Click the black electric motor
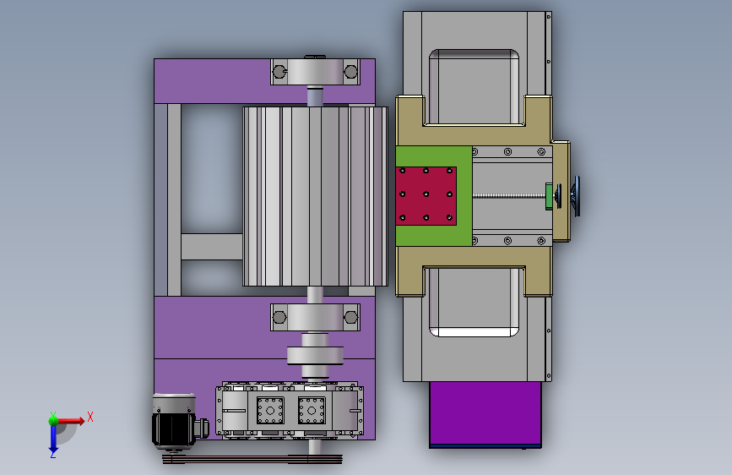click(x=173, y=422)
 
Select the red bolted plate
click(x=426, y=195)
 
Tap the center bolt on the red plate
click(x=426, y=194)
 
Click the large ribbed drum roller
click(x=316, y=196)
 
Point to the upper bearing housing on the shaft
click(x=315, y=72)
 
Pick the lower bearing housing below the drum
click(x=315, y=317)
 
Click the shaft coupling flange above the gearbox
click(x=315, y=355)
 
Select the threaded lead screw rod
click(x=509, y=195)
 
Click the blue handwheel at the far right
click(x=577, y=196)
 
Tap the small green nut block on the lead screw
click(x=549, y=196)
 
